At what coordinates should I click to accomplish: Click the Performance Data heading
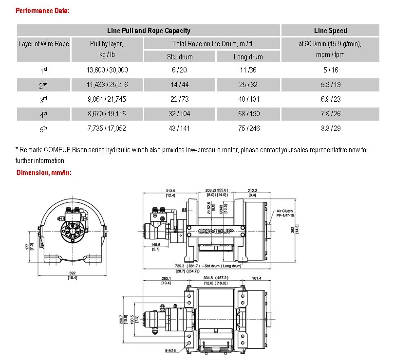coord(42,11)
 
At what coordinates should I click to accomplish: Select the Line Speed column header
coord(330,31)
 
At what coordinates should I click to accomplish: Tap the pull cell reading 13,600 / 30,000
coord(107,70)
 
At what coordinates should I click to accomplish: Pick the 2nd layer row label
coord(43,85)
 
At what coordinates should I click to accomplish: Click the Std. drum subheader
coord(180,57)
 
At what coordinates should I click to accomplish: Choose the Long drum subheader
coord(248,57)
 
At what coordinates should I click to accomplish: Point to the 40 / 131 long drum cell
coord(248,99)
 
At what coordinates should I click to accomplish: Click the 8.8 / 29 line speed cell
coord(331,128)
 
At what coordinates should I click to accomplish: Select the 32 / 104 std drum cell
coord(179,114)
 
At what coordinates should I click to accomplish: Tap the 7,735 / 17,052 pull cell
coord(107,128)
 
